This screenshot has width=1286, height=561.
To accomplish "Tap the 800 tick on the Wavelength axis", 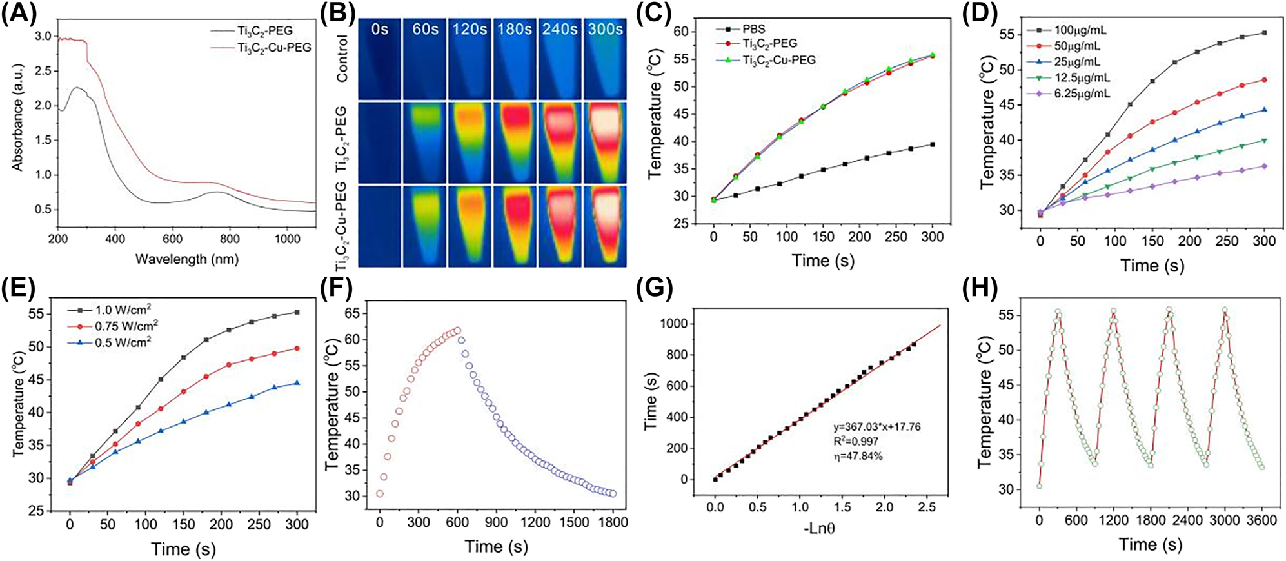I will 230,239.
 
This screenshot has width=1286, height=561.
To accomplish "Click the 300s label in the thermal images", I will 605,29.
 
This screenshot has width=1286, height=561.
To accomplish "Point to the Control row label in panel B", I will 342,59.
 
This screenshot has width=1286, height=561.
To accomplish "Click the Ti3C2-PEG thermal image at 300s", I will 605,142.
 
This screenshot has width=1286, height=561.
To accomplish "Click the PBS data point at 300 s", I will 933,144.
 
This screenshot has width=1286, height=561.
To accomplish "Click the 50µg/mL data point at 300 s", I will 1264,80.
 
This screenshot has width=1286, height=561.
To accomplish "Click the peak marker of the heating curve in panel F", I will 457,330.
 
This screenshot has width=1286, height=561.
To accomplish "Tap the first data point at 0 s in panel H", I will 1040,486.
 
